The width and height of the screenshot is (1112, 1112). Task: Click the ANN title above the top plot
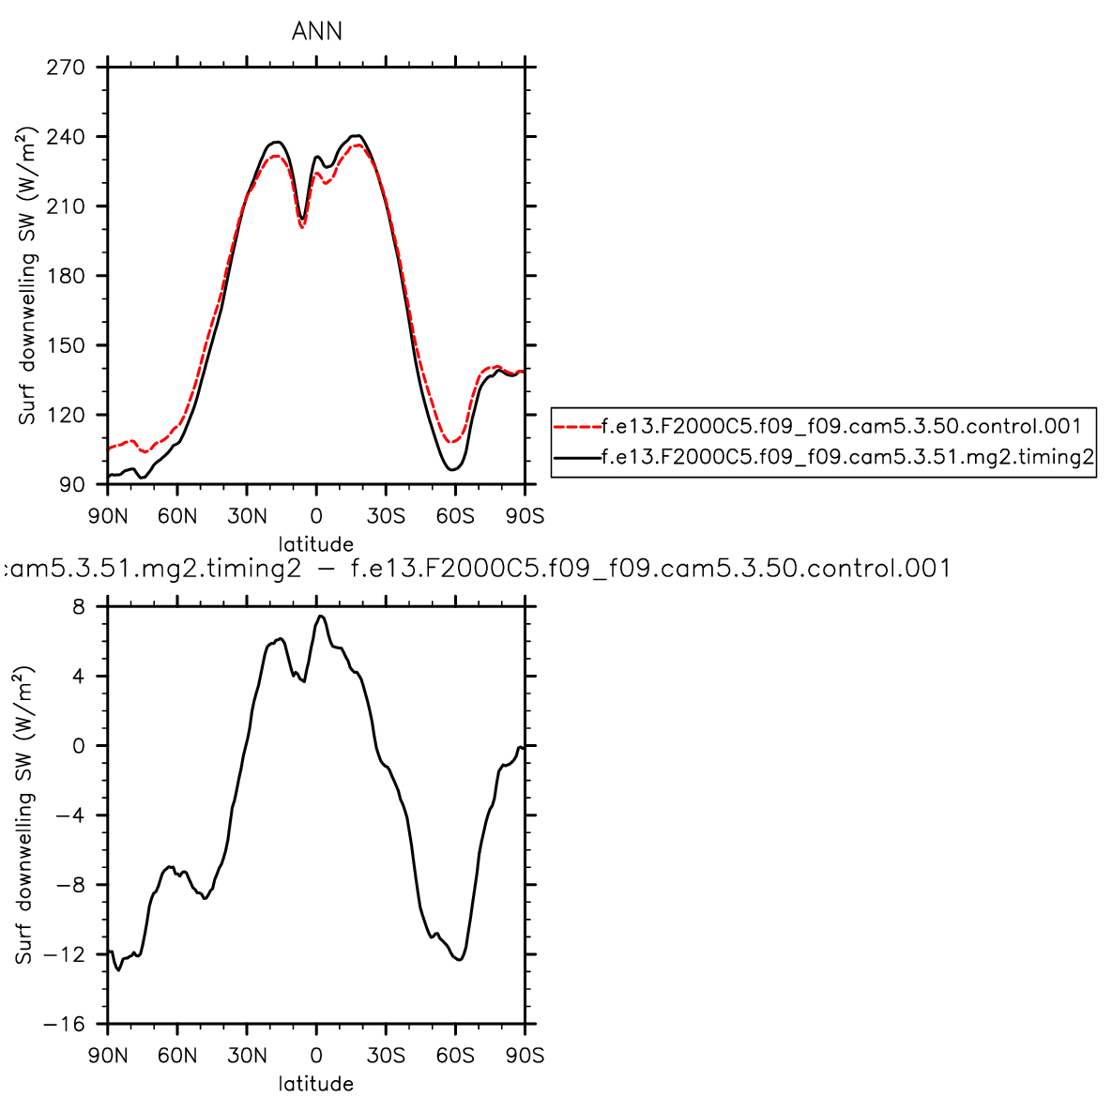(316, 32)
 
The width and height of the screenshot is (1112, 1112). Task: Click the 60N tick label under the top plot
(177, 516)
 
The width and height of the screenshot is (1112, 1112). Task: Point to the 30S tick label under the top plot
(386, 516)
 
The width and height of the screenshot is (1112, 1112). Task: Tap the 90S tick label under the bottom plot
(525, 1056)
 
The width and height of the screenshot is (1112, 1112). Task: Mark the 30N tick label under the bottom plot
(247, 1056)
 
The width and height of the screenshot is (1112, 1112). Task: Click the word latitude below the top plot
(316, 544)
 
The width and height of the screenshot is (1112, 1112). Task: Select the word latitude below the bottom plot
(316, 1085)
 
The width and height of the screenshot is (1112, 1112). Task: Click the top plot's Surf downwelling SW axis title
(28, 276)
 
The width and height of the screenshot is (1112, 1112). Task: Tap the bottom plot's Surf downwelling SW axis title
(24, 815)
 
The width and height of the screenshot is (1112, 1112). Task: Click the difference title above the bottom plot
(477, 569)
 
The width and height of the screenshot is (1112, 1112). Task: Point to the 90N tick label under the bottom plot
(108, 1056)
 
